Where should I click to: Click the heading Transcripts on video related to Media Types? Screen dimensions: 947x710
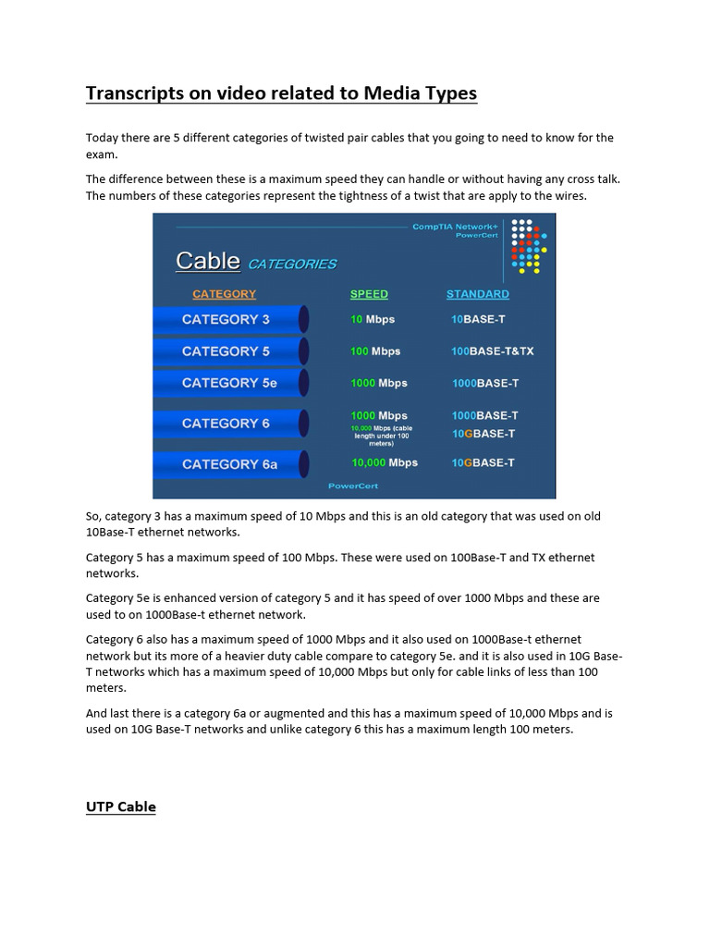point(281,93)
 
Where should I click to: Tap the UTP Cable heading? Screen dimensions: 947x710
point(121,806)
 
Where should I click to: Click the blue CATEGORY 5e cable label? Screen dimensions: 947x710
point(229,383)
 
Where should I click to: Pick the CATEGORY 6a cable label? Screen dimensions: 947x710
point(229,464)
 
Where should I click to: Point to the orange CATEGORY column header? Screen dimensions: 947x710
point(224,294)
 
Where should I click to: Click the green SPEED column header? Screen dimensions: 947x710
point(369,294)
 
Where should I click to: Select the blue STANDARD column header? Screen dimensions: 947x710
point(477,294)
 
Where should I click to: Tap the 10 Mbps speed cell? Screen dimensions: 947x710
point(373,319)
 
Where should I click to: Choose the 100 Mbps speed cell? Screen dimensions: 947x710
point(375,351)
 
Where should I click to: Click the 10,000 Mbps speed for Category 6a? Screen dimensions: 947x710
point(384,462)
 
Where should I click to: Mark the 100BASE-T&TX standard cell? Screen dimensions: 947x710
point(492,351)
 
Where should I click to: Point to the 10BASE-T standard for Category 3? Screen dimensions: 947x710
point(478,319)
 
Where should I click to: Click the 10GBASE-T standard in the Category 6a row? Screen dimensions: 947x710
point(483,462)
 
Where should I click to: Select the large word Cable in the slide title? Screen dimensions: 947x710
point(208,261)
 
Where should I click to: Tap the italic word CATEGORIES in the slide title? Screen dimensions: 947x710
point(291,264)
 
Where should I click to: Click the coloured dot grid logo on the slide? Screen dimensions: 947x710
point(530,246)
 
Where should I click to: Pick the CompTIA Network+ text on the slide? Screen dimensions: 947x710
point(455,227)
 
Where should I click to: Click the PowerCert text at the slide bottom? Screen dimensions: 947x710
point(353,486)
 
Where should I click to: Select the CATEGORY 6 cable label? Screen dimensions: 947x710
point(226,424)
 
